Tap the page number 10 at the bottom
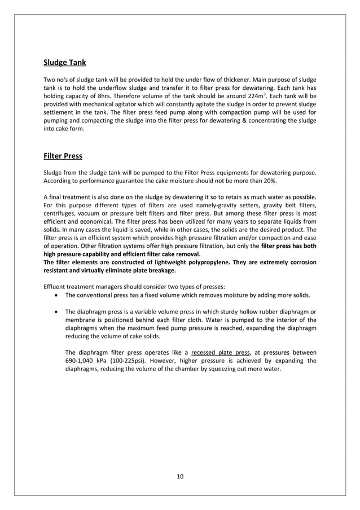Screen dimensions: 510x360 (x=180, y=476)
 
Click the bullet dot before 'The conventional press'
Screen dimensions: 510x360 (x=57, y=295)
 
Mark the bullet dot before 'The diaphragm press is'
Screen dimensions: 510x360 (x=57, y=312)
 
